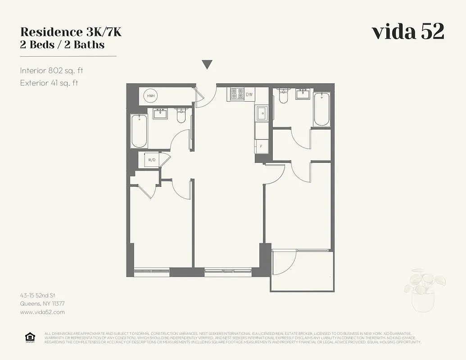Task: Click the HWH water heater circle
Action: pos(150,96)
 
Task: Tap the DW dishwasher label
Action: pos(249,94)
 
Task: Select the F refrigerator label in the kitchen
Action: pos(261,146)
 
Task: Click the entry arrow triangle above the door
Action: pos(207,65)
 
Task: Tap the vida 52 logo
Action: pos(407,32)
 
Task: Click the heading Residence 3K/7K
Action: pos(71,32)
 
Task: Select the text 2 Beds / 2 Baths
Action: pos(62,45)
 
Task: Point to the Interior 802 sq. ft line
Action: pos(51,71)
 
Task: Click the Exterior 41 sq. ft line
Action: pos(49,83)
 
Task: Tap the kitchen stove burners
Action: pos(236,94)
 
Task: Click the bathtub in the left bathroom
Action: pos(139,131)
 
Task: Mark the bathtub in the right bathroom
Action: pos(321,109)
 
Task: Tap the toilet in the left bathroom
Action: pos(181,116)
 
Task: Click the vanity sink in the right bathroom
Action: pos(302,94)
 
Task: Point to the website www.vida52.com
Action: pos(42,312)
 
